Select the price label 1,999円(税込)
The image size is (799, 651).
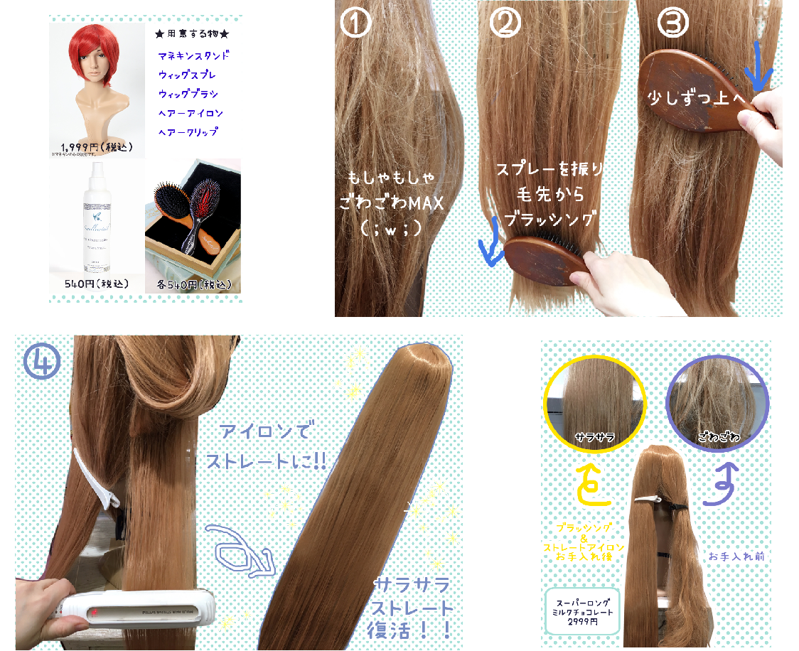coord(95,147)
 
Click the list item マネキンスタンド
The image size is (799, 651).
coord(193,55)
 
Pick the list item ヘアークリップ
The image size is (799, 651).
coord(188,132)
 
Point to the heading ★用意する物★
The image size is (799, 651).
coord(192,33)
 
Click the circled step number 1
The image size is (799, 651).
coord(356,23)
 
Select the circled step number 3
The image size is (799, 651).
coord(672,23)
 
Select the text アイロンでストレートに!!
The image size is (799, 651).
coord(265,447)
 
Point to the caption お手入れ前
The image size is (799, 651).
coord(735,556)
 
